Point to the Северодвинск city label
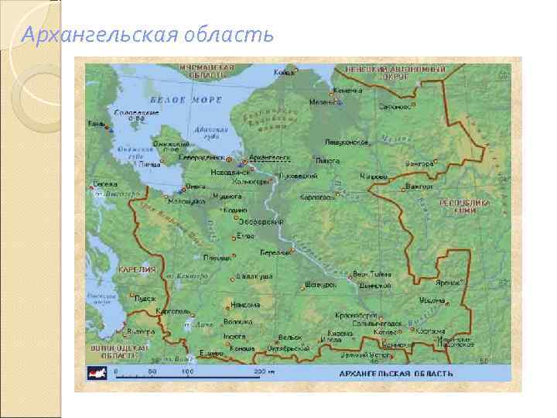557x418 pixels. (202, 157)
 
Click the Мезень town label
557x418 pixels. (322, 101)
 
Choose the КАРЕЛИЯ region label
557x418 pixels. (137, 270)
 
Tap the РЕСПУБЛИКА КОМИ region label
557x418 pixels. (464, 207)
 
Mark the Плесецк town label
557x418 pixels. (216, 258)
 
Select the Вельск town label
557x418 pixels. (290, 337)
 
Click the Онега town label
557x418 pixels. (196, 186)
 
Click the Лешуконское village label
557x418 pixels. (346, 142)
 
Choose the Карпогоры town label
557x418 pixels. (316, 197)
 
